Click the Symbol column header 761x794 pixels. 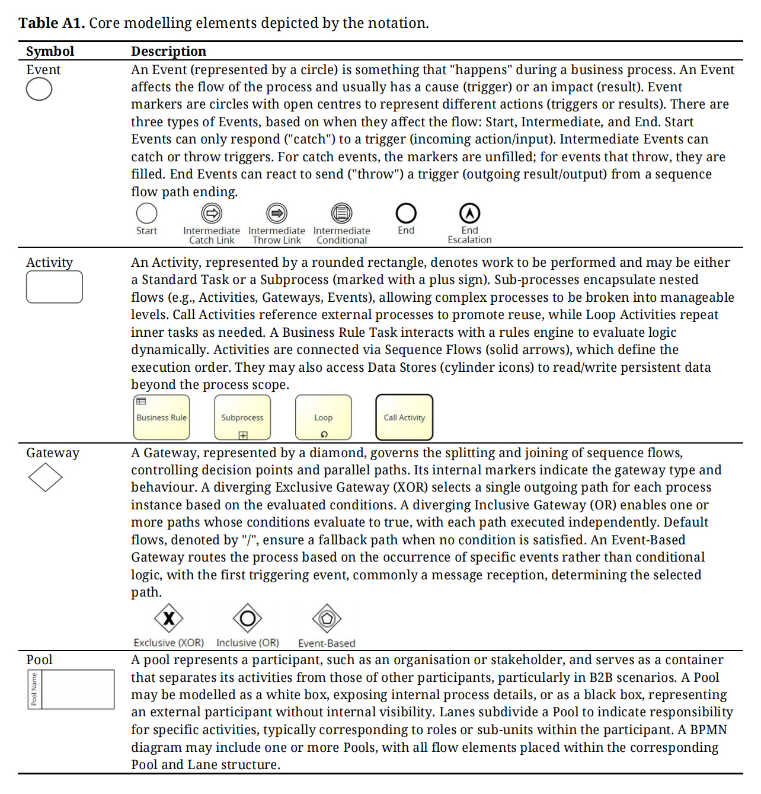pyautogui.click(x=50, y=52)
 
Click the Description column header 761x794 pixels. pyautogui.click(x=168, y=52)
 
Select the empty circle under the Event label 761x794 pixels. pyautogui.click(x=39, y=90)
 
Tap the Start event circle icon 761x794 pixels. pyautogui.click(x=146, y=213)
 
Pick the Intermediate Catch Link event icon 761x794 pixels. pyautogui.click(x=212, y=213)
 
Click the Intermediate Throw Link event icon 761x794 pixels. pyautogui.click(x=276, y=213)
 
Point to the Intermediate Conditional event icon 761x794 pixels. pyautogui.click(x=341, y=213)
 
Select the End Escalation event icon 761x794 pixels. pyautogui.click(x=469, y=213)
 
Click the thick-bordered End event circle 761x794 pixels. pyautogui.click(x=406, y=213)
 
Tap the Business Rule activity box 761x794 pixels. pyautogui.click(x=161, y=417)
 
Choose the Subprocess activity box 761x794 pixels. pyautogui.click(x=242, y=417)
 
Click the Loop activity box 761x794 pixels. pyautogui.click(x=323, y=417)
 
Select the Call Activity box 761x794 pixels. pyautogui.click(x=404, y=417)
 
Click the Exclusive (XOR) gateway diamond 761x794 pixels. pyautogui.click(x=169, y=618)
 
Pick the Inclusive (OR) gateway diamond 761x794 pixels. pyautogui.click(x=248, y=618)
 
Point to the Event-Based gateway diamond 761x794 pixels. pyautogui.click(x=327, y=618)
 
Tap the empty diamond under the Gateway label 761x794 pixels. pyautogui.click(x=45, y=477)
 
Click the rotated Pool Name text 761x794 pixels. pyautogui.click(x=34, y=689)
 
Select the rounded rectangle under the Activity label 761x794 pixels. pyautogui.click(x=55, y=287)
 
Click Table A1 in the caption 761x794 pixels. pyautogui.click(x=52, y=23)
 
